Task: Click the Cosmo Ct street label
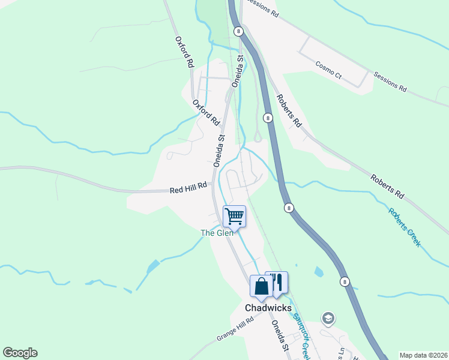pos(328,70)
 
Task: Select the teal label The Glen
pos(216,233)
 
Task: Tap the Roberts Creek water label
pos(404,227)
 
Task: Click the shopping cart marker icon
pos(234,216)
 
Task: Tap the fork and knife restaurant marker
pos(277,282)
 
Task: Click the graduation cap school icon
pos(328,317)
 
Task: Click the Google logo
pos(20,353)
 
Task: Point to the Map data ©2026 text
pos(423,355)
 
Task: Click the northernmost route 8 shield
pos(239,31)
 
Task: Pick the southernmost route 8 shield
pos(345,281)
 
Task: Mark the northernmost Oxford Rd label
pos(184,52)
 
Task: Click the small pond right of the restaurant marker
pos(318,272)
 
